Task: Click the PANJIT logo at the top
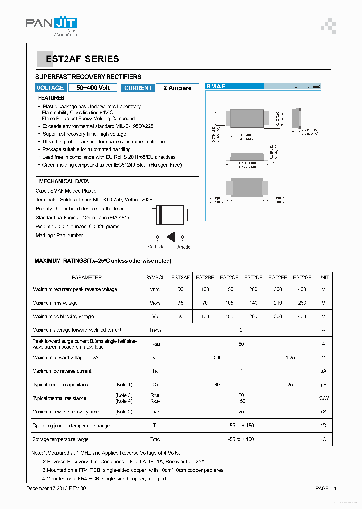(x=51, y=24)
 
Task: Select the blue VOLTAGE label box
(x=50, y=88)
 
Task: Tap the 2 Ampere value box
(x=177, y=88)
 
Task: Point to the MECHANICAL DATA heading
(x=64, y=181)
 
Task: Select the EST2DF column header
(x=253, y=277)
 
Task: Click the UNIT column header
(x=323, y=277)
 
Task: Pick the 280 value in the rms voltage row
(x=301, y=303)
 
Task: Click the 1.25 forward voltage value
(x=290, y=357)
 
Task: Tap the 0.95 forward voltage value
(x=217, y=357)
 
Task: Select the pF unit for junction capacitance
(x=323, y=385)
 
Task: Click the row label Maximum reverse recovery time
(x=65, y=412)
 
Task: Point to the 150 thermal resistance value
(x=241, y=401)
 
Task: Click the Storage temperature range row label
(x=60, y=439)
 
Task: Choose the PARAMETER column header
(x=86, y=277)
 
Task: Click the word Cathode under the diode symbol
(x=156, y=247)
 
